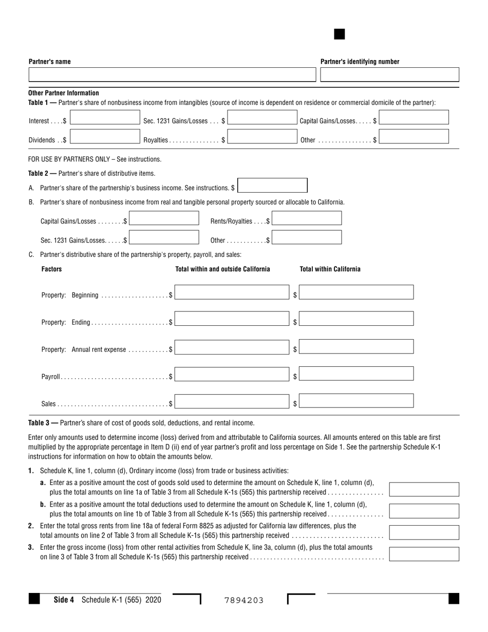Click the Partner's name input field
172,75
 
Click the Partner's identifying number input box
389,75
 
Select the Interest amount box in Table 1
105,118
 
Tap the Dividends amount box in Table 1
105,137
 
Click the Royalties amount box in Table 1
262,137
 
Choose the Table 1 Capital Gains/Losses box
414,118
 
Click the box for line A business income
273,185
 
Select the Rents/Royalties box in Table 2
307,218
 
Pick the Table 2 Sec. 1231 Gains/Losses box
164,237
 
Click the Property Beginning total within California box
356,292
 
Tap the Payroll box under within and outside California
232,374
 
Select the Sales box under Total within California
356,401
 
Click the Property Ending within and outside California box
232,319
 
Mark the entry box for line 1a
424,489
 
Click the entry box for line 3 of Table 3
424,554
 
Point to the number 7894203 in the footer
244,600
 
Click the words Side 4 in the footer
64,599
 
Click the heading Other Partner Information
64,93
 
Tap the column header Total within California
330,269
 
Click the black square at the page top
339,34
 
